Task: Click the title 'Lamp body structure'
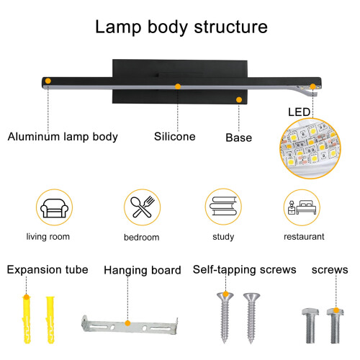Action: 181,27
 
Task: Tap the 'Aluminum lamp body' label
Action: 63,137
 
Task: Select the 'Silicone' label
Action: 175,137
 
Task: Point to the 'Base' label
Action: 239,138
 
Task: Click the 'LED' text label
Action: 299,112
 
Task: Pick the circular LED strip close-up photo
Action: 310,148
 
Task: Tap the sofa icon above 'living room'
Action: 55,208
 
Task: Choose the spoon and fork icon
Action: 143,207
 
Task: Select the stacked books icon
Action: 223,206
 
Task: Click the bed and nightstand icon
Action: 302,207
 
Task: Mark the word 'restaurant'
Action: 304,237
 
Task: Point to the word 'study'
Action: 223,237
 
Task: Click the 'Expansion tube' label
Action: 48,270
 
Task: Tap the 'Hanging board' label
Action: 143,271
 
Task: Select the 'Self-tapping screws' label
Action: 245,270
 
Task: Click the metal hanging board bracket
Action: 130,325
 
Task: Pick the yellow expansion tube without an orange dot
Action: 50,320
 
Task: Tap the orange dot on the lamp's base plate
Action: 239,99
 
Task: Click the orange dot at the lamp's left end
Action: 48,81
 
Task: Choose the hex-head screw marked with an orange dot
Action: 336,325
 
